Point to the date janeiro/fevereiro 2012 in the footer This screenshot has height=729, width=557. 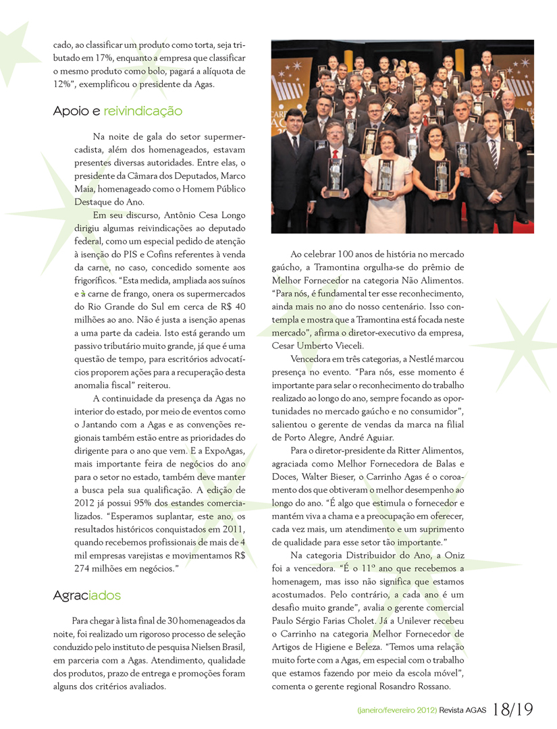pyautogui.click(x=396, y=710)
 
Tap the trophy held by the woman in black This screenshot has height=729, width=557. pyautogui.click(x=442, y=177)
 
